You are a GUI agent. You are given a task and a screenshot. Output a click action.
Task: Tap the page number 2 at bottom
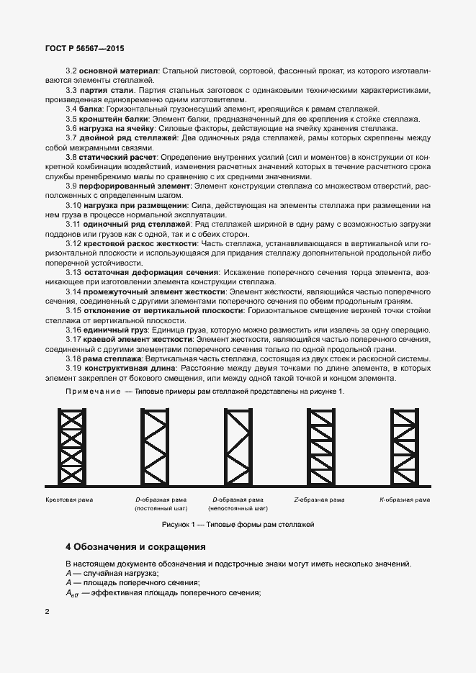[x=47, y=612]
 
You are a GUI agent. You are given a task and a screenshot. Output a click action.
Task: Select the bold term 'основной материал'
[x=118, y=71]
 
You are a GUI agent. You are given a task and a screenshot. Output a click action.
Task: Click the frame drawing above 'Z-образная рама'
[x=318, y=446]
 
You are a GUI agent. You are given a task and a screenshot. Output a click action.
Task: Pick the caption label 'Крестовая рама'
[x=69, y=500]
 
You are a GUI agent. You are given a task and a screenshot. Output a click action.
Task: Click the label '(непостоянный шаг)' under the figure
[x=235, y=509]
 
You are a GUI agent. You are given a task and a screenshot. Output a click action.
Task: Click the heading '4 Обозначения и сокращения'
[x=135, y=547]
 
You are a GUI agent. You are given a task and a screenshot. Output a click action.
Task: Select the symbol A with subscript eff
[x=71, y=594]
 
